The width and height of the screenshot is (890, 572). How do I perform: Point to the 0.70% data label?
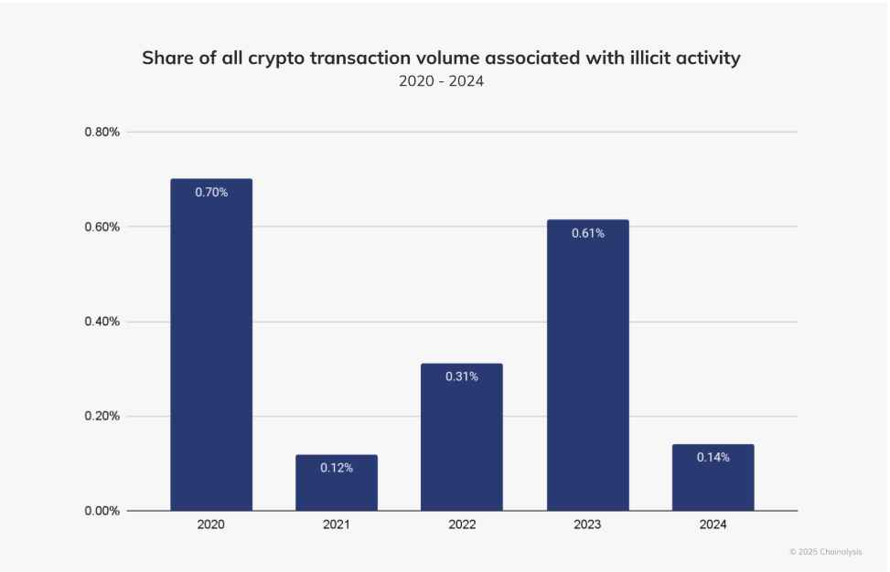(x=211, y=193)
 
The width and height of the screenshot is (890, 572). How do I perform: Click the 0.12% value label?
(x=337, y=468)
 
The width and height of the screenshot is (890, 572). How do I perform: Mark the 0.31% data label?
(x=462, y=376)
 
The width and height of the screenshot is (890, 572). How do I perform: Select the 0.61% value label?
(x=587, y=233)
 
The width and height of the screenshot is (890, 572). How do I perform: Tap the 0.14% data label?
(x=713, y=457)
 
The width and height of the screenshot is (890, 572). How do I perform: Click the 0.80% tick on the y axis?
(x=102, y=132)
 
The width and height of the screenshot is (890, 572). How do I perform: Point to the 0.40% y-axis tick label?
(x=102, y=322)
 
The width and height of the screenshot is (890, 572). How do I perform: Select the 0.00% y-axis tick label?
(x=102, y=511)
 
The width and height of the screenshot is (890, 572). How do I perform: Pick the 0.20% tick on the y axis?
(x=102, y=417)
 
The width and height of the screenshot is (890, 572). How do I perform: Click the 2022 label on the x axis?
(x=462, y=526)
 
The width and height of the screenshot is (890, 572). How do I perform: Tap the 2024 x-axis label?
(x=713, y=526)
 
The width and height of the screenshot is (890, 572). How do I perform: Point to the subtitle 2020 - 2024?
(x=441, y=81)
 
